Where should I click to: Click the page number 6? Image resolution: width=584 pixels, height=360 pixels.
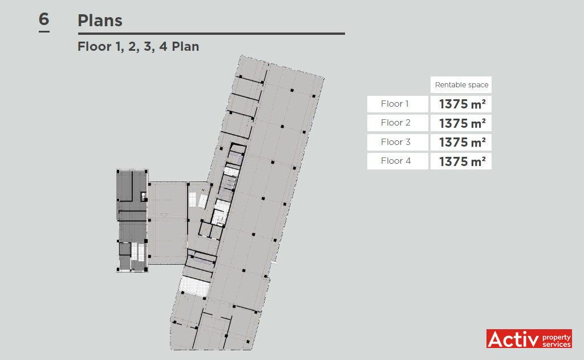pyautogui.click(x=44, y=19)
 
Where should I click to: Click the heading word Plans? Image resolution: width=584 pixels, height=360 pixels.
pyautogui.click(x=100, y=21)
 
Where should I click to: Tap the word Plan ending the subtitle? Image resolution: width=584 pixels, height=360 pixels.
pyautogui.click(x=185, y=47)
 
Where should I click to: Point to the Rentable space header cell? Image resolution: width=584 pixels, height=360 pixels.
pyautogui.click(x=461, y=84)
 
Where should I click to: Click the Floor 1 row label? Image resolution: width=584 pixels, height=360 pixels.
pyautogui.click(x=395, y=104)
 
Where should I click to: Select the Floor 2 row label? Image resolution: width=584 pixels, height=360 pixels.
pyautogui.click(x=395, y=123)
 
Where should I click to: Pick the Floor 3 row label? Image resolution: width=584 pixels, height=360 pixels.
pyautogui.click(x=395, y=141)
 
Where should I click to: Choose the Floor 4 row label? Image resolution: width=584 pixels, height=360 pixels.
pyautogui.click(x=396, y=161)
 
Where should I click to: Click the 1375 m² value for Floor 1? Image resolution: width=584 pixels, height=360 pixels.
pyautogui.click(x=462, y=104)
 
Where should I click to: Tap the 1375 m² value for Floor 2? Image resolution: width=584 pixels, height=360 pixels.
pyautogui.click(x=462, y=123)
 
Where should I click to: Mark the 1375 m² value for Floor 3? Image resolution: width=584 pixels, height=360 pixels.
pyautogui.click(x=462, y=142)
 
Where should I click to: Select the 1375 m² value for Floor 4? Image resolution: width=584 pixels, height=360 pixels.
pyautogui.click(x=462, y=161)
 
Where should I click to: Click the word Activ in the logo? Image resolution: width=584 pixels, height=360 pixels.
pyautogui.click(x=513, y=339)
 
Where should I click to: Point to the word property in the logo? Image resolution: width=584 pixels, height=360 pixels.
pyautogui.click(x=557, y=338)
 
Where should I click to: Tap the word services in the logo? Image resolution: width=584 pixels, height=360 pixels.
pyautogui.click(x=557, y=345)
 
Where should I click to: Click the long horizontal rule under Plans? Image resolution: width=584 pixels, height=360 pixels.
pyautogui.click(x=211, y=34)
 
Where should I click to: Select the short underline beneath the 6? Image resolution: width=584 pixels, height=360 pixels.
pyautogui.click(x=44, y=31)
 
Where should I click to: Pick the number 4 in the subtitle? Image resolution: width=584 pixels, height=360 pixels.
pyautogui.click(x=163, y=47)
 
